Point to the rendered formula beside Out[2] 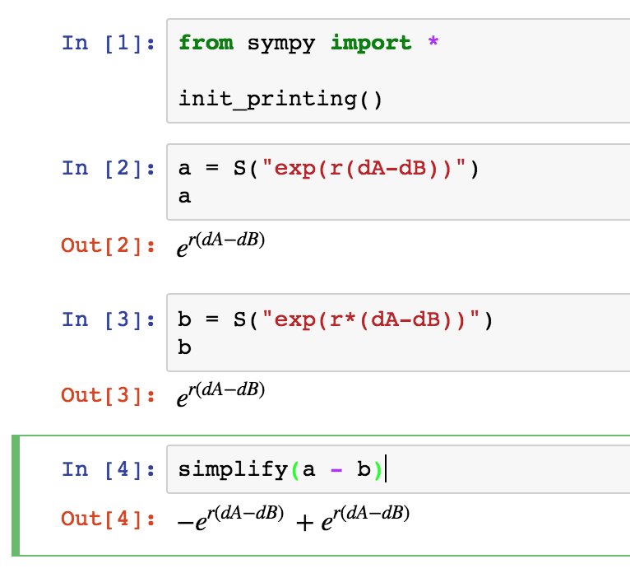[220, 245]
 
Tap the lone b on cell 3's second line [184, 347]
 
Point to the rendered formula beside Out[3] [220, 394]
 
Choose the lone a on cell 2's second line [184, 198]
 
